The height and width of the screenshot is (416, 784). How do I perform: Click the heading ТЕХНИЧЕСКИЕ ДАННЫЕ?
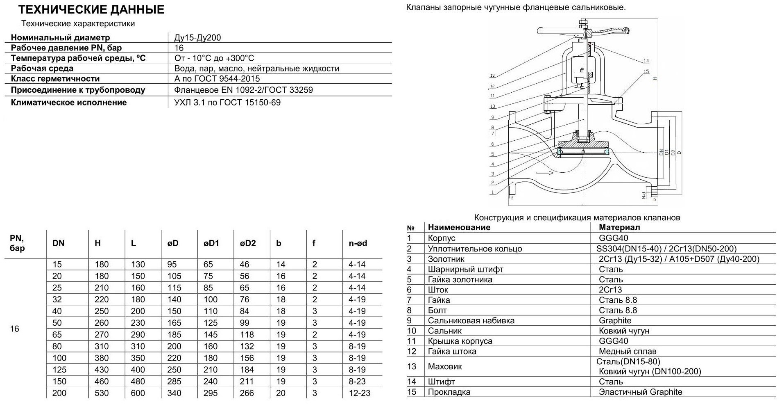coord(91,10)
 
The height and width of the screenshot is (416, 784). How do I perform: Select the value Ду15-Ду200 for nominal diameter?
coord(197,38)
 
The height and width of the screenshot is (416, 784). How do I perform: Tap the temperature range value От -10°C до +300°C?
coord(214,58)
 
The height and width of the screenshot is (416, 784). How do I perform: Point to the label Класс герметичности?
coord(55,79)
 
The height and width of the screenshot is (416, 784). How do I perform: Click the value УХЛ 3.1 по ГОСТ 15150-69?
coord(227,103)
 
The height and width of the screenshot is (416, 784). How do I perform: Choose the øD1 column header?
coord(211,243)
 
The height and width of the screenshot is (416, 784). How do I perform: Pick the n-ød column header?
coord(358,243)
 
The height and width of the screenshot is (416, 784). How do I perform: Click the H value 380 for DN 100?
coord(102,358)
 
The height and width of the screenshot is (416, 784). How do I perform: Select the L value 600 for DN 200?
coord(138,393)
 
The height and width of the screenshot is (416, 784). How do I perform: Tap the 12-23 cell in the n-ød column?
coord(359,393)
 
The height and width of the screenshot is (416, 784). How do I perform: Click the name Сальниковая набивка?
coord(471,321)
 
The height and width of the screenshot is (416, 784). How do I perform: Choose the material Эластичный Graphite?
coord(640,392)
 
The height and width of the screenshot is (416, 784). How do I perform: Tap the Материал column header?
coord(619,227)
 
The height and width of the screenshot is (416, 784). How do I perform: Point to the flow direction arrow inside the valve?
coord(544,173)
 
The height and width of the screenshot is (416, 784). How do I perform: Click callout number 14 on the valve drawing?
coord(646,61)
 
